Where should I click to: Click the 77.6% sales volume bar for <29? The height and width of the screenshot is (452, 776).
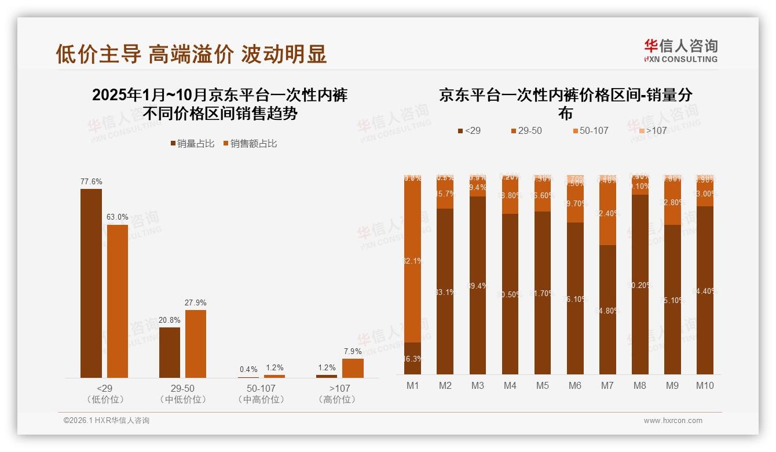coord(91,283)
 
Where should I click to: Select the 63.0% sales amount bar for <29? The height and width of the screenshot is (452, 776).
coord(118,301)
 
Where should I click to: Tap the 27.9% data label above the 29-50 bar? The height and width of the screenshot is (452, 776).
coord(196,302)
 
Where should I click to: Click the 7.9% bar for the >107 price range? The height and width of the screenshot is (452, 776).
coord(353,368)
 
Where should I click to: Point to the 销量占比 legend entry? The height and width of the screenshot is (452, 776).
coord(191,144)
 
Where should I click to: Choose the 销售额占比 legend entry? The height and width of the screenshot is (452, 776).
coord(250,144)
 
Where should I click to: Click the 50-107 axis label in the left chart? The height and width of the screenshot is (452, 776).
coord(261,389)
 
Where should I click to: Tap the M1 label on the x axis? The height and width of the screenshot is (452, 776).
coord(412,385)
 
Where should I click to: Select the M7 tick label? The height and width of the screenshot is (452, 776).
coord(607,385)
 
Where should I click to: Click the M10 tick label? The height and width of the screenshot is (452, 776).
coord(705,385)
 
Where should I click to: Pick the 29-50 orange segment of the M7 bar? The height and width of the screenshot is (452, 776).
coord(607,214)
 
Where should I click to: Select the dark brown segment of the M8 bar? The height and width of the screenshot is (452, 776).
coord(640,284)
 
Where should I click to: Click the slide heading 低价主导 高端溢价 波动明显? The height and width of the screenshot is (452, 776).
coord(192,53)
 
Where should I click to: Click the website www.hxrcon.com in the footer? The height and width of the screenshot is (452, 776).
coord(673,421)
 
